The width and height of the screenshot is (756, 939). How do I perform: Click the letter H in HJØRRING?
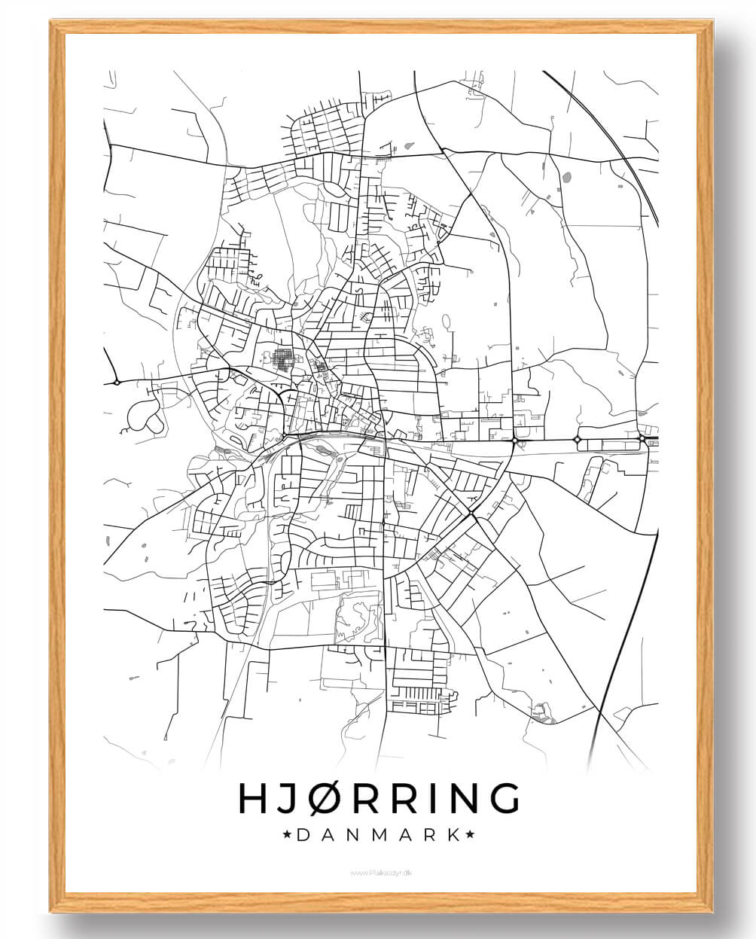pos(252,798)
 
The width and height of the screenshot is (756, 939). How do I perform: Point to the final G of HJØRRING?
pos(504,798)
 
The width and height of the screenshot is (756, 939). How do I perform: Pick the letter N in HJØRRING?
pos(462,798)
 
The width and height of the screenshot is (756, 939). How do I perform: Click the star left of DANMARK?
pos(287,834)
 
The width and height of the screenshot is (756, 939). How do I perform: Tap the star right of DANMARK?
pos(470,834)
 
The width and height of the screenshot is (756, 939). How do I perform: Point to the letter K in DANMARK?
pos(453,834)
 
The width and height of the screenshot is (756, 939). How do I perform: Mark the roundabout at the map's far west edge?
pos(117,383)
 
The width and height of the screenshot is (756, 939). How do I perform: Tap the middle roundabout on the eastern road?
pos(578,438)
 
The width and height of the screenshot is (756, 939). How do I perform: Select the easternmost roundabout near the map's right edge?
pos(642,437)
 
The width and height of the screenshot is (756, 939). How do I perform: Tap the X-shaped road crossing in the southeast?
pos(471,513)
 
